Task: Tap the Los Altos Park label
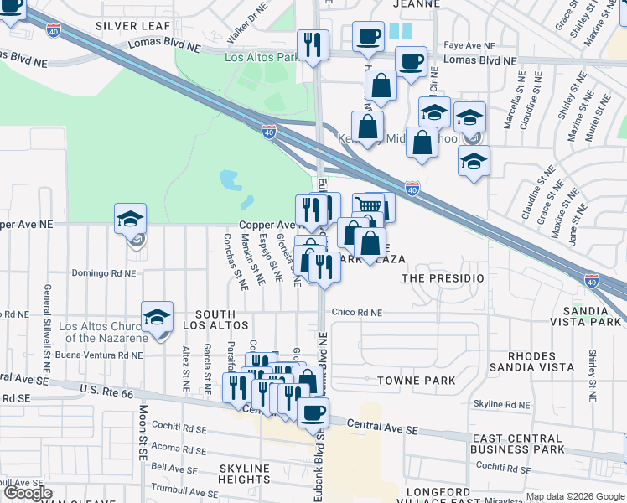coord(262,58)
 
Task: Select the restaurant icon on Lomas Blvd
coord(313,44)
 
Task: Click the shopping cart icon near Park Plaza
coord(370,206)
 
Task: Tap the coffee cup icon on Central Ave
coord(313,412)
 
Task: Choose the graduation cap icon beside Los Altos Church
coord(158,317)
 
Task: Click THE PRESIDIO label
coord(443,277)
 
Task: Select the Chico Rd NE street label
coord(356,313)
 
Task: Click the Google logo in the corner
coord(28,493)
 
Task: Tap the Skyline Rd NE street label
coord(502,404)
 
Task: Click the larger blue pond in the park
coord(228,179)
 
